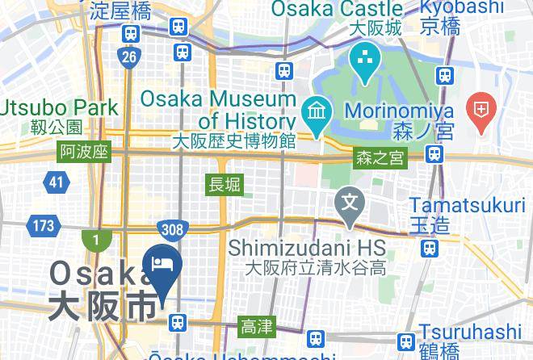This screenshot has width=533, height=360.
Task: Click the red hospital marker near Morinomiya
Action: [x=481, y=112]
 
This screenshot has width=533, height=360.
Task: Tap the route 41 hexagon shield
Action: [x=55, y=182]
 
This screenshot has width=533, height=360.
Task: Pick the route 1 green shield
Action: [x=95, y=240]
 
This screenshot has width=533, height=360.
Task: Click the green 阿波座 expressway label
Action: [x=84, y=153]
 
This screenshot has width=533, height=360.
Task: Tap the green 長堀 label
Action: [x=225, y=185]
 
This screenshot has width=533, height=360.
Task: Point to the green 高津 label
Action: [x=257, y=327]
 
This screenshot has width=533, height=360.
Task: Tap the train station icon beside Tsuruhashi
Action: [x=407, y=341]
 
